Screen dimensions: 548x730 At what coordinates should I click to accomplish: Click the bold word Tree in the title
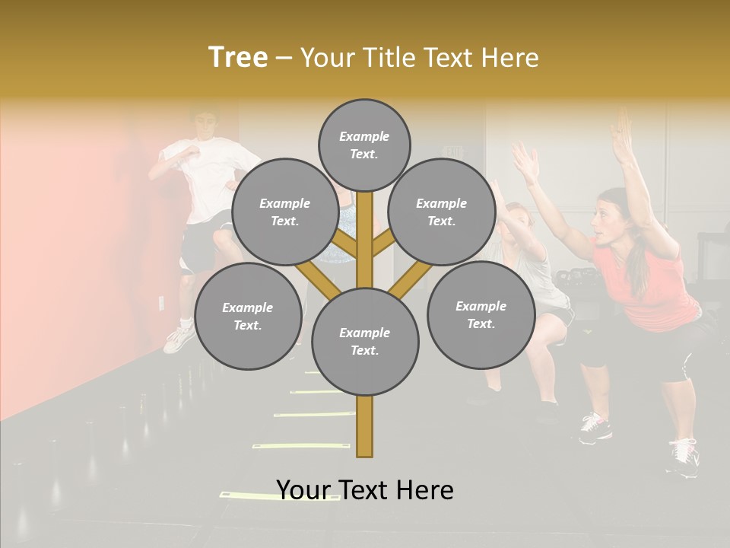(x=238, y=58)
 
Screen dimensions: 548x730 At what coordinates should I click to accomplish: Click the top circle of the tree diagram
(x=364, y=145)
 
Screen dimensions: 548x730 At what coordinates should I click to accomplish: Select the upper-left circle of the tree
(x=284, y=212)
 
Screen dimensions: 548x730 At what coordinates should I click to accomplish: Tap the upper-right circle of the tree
(x=442, y=212)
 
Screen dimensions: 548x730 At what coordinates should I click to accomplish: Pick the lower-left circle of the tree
(x=248, y=316)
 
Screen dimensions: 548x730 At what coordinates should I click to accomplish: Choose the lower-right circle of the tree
(x=481, y=314)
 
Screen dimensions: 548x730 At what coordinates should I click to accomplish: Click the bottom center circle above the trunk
(x=364, y=341)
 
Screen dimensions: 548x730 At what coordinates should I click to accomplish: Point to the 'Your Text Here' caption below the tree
(x=364, y=489)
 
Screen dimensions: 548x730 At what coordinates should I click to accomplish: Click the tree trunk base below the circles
(x=364, y=430)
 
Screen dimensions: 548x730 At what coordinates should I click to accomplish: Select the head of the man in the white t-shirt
(x=204, y=124)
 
